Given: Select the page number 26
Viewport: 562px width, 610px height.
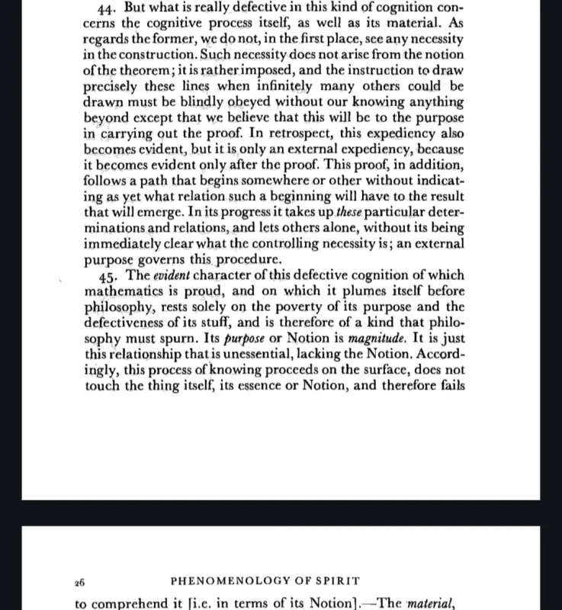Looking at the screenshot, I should pos(80,582).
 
